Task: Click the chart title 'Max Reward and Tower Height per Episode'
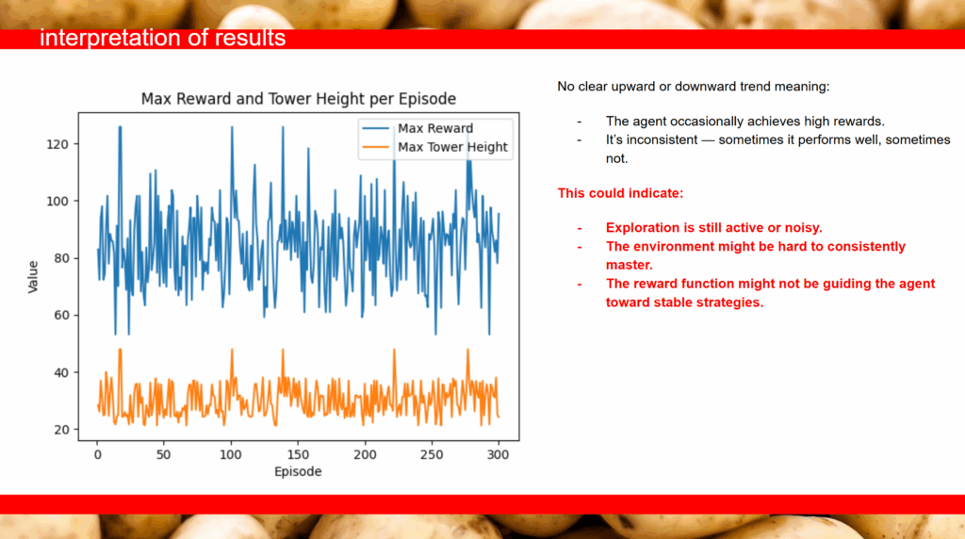(299, 99)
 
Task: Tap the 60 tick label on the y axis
(61, 316)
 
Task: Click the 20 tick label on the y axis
(61, 430)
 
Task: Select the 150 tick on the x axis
(298, 455)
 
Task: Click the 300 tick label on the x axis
(498, 455)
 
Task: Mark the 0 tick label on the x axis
(97, 455)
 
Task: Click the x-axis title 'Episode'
(298, 472)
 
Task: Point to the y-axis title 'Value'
(33, 277)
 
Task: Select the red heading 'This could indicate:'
(620, 193)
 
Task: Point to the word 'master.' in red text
(629, 265)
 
